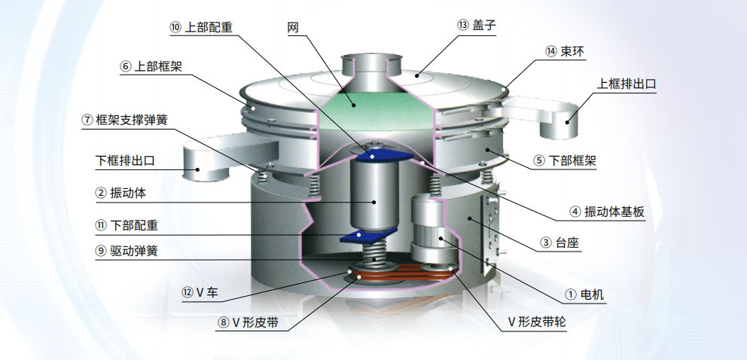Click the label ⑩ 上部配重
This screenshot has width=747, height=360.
201,27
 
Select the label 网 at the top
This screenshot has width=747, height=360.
294,28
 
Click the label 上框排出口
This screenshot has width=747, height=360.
627,84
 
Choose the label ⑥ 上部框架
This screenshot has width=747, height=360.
155,66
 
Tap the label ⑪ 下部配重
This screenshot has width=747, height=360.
127,225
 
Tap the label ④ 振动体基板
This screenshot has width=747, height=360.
607,212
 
